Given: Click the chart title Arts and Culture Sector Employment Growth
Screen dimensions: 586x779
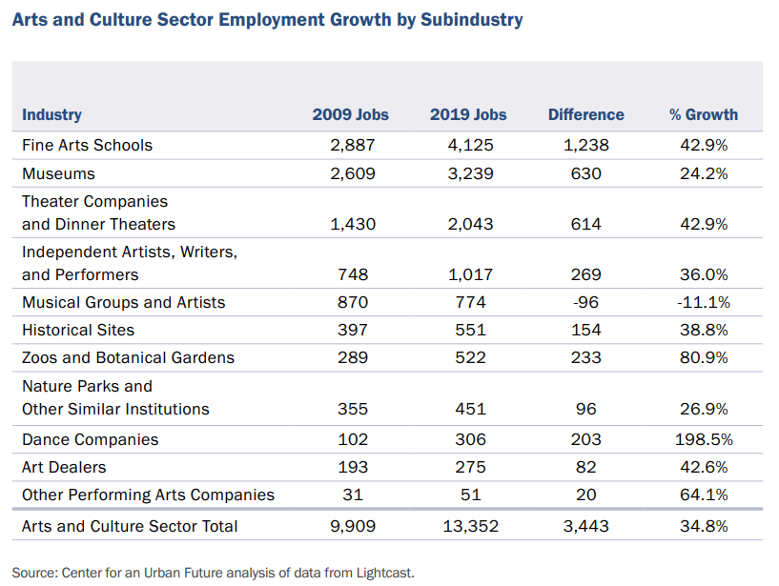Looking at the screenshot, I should (x=267, y=19).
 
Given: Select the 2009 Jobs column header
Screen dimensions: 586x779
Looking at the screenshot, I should (x=350, y=114).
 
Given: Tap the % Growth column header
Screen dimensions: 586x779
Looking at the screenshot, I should (x=703, y=114).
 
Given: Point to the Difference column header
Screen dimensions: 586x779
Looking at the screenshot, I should (x=585, y=114).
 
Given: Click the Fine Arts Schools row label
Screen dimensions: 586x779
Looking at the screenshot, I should (x=87, y=146).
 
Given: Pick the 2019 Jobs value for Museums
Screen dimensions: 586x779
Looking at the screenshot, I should (x=467, y=173).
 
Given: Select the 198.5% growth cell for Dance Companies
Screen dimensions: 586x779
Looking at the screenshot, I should (x=703, y=439).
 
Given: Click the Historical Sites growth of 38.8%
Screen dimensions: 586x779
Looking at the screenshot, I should (x=703, y=330).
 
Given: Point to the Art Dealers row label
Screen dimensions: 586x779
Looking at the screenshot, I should (x=64, y=467).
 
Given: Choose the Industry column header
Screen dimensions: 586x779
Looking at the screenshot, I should (x=51, y=114).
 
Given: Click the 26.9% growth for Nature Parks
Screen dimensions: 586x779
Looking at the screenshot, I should (x=703, y=409).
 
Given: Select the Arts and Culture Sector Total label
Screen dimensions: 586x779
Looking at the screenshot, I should (x=130, y=526).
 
